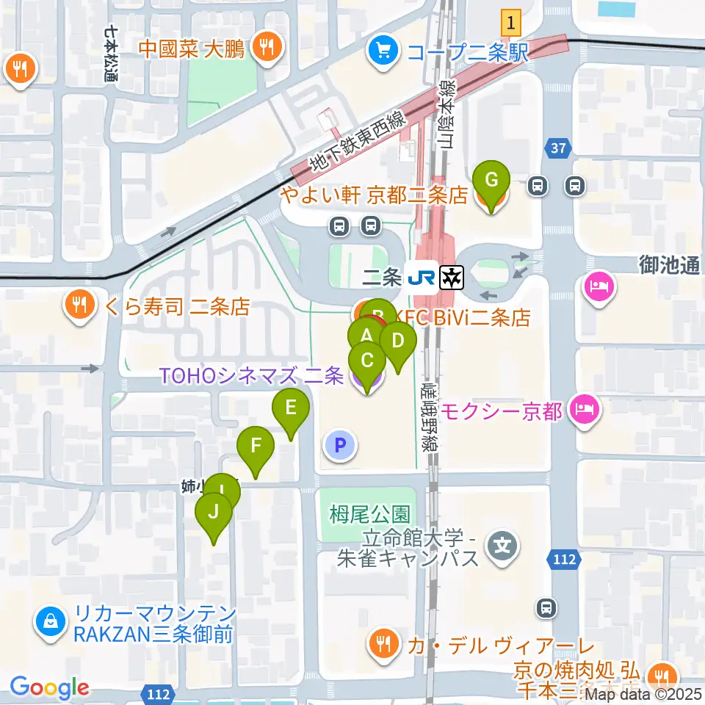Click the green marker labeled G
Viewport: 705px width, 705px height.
pos(493,180)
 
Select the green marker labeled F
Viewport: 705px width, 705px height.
pos(256,446)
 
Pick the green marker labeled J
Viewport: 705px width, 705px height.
pos(214,513)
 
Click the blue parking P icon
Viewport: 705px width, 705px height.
pos(339,444)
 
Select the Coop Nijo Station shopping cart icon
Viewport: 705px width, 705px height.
pos(382,50)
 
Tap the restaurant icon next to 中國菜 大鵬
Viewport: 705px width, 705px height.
pos(264,48)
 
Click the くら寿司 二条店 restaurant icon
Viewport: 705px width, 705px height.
pos(78,304)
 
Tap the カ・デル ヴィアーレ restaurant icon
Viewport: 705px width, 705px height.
pos(382,646)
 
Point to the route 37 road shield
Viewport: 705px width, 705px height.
pos(559,149)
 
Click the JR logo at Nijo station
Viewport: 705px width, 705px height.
pos(422,277)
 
